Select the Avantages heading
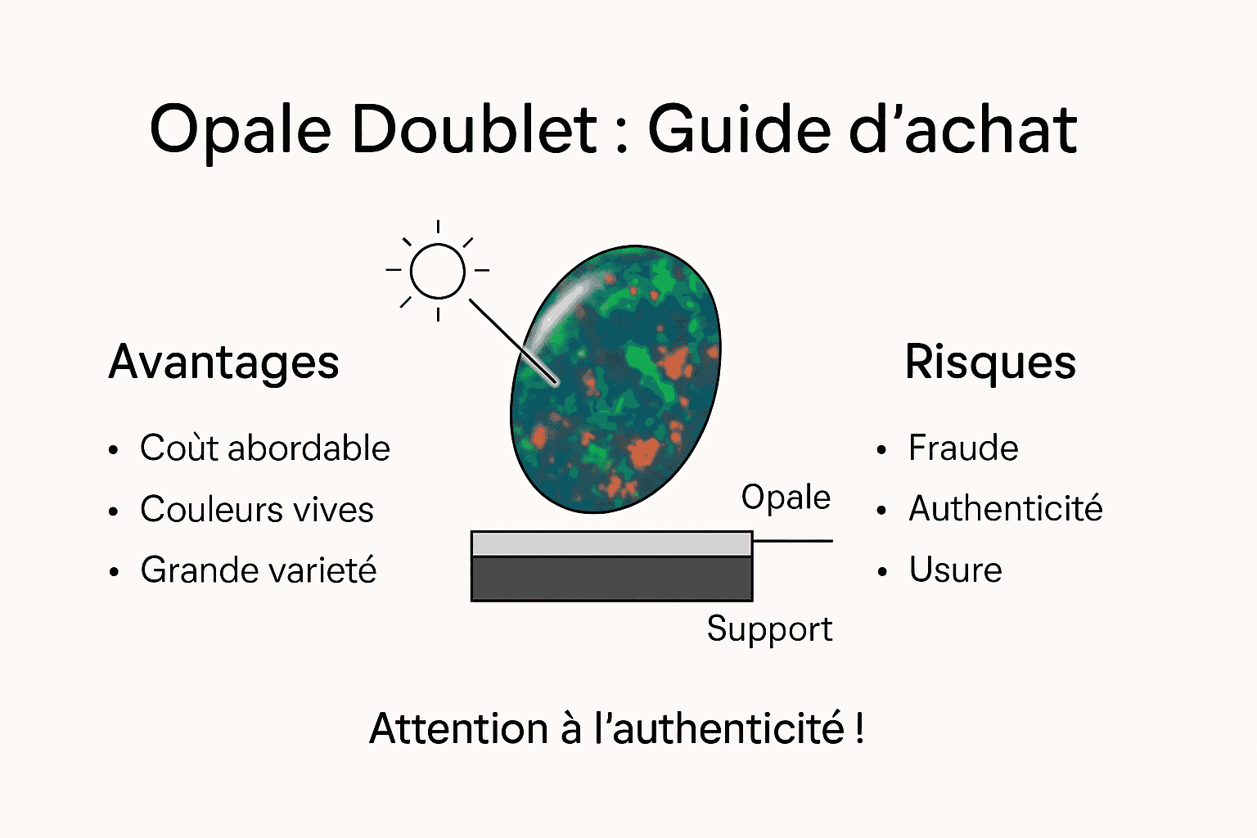click(223, 363)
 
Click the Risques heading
click(990, 363)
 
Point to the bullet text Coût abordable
click(265, 448)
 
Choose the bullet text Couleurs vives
click(257, 510)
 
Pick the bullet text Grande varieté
click(259, 570)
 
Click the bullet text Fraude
click(963, 448)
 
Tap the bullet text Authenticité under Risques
click(1006, 509)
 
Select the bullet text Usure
click(955, 570)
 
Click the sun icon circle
click(438, 271)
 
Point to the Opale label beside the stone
click(786, 498)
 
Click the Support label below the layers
click(769, 629)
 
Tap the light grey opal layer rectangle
click(611, 543)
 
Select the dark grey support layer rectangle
click(611, 579)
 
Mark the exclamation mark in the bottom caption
click(859, 728)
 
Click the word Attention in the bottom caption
click(458, 728)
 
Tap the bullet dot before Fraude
click(881, 450)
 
